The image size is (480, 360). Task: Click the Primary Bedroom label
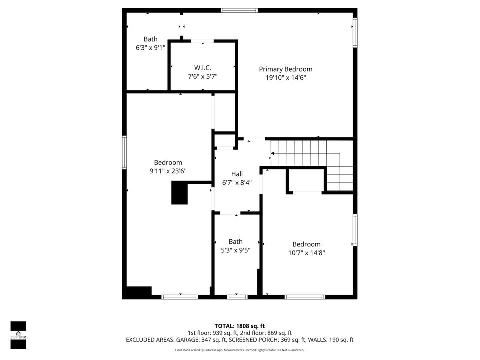pos(285,69)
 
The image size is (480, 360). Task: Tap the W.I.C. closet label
pos(202,68)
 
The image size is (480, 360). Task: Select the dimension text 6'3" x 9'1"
pos(150,48)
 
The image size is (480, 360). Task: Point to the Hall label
pos(237,174)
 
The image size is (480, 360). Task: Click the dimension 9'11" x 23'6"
pos(168,171)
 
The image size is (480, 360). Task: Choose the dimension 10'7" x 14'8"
pos(306,253)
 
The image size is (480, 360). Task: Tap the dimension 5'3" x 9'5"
pos(236,250)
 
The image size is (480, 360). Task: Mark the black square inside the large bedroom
pos(179,193)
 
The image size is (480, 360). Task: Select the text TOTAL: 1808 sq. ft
pos(239,326)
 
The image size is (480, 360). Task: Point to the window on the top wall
pos(239,10)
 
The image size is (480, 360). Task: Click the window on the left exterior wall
pos(124,152)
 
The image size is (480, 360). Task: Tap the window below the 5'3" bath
pos(237,297)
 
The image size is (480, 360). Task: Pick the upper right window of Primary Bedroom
pos(355,33)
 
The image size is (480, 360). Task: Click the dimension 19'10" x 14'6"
pos(285,77)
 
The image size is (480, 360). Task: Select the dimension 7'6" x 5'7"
pos(202,76)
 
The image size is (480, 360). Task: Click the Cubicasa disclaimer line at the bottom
pos(239,350)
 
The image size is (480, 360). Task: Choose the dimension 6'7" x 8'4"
pos(237,182)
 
